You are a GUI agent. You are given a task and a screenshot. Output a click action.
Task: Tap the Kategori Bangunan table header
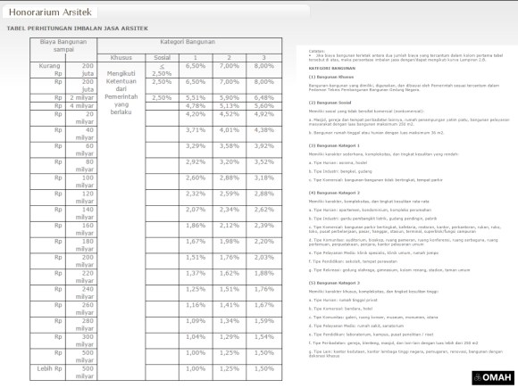188,42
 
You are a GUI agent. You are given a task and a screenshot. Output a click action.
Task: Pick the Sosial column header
162,56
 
